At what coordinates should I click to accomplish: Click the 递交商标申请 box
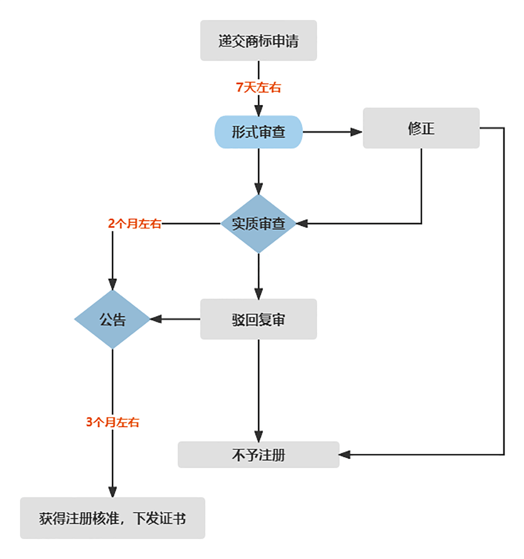pos(259,41)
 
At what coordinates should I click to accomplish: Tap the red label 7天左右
pos(259,87)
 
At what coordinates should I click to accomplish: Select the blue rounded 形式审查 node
pos(259,132)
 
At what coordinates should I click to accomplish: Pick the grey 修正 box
pos(421,128)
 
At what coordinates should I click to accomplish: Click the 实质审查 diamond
pos(259,224)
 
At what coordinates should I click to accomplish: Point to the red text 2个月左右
pos(134,224)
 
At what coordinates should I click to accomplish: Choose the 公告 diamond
pos(113,319)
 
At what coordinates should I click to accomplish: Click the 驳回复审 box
pos(259,319)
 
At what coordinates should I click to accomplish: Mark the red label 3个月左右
pos(113,422)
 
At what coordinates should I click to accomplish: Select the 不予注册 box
pos(259,455)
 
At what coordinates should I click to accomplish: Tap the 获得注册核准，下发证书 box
pos(113,518)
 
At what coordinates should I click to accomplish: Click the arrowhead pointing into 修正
pos(357,132)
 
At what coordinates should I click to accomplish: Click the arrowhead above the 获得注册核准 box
pos(113,491)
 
